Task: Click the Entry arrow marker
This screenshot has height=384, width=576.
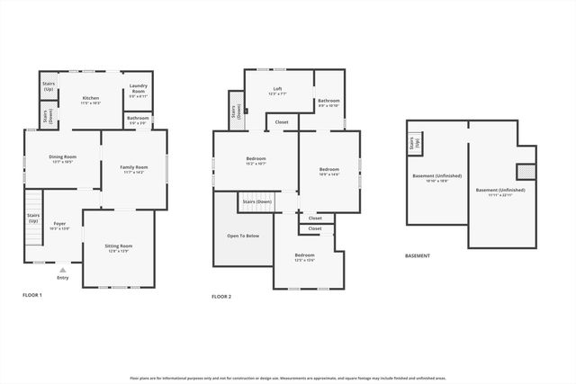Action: click(x=62, y=270)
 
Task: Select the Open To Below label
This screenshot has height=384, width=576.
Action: click(x=242, y=236)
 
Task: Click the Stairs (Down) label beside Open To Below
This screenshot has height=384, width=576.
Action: click(x=256, y=202)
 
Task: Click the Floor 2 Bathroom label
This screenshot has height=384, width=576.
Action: click(x=328, y=103)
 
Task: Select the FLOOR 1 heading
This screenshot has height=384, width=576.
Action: click(x=32, y=295)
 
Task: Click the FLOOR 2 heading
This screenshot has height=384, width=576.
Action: click(x=221, y=296)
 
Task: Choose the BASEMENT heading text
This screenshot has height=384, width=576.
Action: click(x=417, y=255)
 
